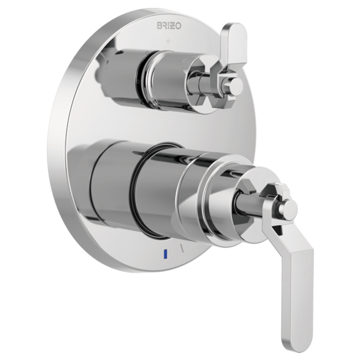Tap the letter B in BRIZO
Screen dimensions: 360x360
click(x=159, y=26)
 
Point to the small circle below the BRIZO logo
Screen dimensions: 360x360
click(x=168, y=41)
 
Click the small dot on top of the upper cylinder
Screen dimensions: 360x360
click(x=147, y=53)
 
